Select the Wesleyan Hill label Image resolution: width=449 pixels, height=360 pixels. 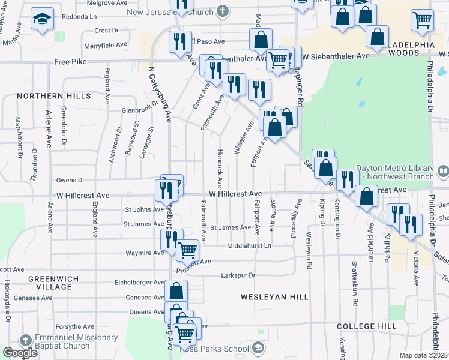tap(274, 297)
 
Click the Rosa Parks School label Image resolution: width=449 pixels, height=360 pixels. tap(220, 349)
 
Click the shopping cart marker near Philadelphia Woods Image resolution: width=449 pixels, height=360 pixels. tap(423, 19)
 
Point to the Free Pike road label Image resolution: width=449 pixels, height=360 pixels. tap(70, 61)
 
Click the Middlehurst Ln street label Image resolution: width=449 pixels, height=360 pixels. tap(249, 246)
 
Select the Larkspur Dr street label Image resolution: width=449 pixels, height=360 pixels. tap(238, 275)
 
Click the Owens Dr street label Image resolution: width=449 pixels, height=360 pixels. tap(71, 180)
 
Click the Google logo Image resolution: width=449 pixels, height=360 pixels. tap(20, 353)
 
